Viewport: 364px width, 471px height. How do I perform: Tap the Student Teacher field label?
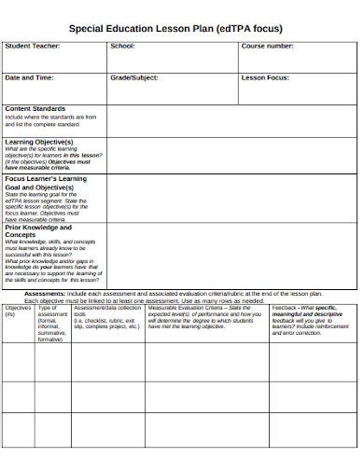(33, 46)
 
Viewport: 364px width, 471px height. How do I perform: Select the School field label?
(122, 46)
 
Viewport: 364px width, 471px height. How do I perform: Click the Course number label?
(269, 46)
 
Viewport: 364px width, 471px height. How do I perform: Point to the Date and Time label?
(29, 77)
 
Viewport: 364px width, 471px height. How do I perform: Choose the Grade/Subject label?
(135, 77)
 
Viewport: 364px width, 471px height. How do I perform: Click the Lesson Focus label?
(266, 77)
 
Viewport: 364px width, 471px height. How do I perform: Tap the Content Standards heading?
(35, 109)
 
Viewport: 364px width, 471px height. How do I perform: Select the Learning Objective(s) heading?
(39, 143)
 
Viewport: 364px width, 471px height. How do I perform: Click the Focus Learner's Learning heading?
(46, 178)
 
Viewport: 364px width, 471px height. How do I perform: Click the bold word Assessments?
(44, 293)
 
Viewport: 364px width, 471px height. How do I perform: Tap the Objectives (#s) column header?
(18, 309)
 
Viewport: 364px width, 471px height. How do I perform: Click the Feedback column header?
(286, 307)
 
